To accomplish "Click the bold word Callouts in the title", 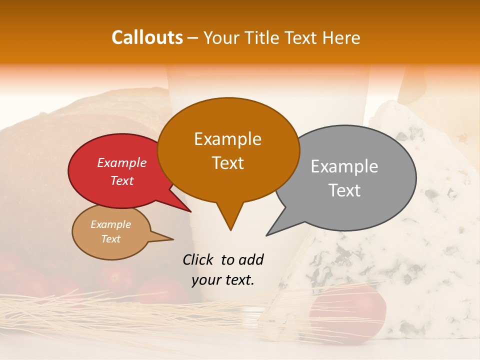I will [147, 37].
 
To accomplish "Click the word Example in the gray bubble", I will [344, 166].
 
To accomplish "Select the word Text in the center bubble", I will [228, 163].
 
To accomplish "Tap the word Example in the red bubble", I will [121, 162].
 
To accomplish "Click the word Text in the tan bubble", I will [111, 239].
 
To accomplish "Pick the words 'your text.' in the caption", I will [223, 280].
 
